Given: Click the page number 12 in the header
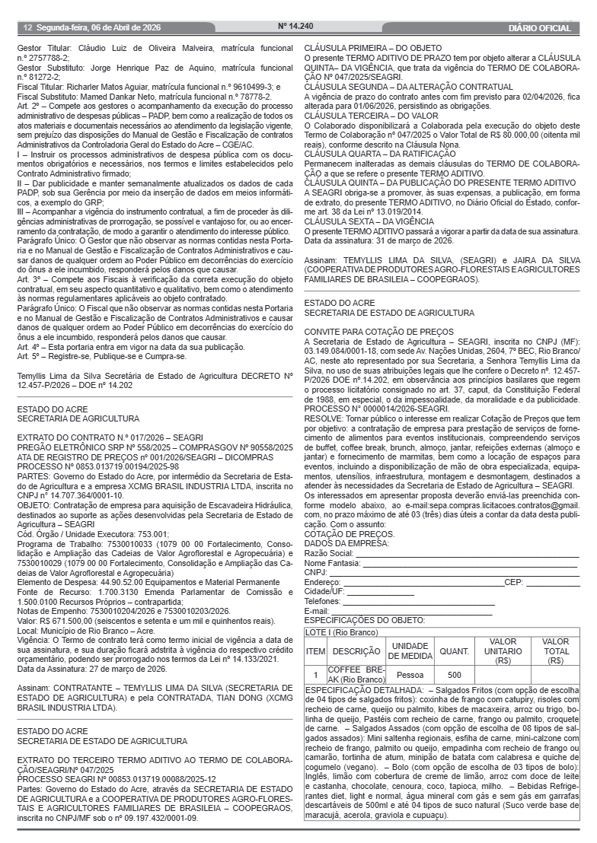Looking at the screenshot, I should pos(27,28).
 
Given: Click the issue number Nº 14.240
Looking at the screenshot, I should pos(296,26).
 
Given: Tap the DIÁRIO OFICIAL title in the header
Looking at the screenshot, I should pos(539,28).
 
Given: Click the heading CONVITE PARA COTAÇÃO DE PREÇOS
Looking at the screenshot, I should pos(368,332).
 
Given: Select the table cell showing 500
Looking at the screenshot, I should pos(454,675).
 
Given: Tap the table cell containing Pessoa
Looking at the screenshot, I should pos(410,675).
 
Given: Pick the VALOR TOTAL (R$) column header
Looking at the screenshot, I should pos(556,652).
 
